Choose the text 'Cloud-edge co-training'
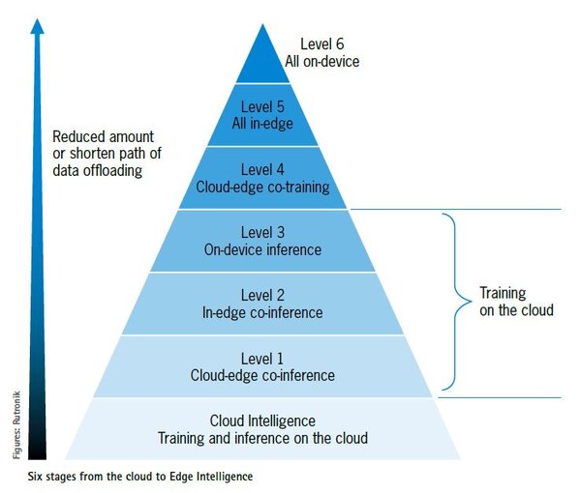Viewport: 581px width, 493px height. [262, 186]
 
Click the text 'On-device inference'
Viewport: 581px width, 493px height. [262, 249]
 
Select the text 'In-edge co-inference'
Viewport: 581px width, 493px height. [262, 312]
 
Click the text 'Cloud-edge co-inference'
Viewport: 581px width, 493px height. [262, 375]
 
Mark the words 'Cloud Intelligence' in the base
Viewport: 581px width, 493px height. [262, 420]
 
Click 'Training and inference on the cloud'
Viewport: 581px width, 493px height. [262, 438]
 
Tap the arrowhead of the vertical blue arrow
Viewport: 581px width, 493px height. [37, 26]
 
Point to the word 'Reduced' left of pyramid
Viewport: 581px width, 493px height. [77, 136]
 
